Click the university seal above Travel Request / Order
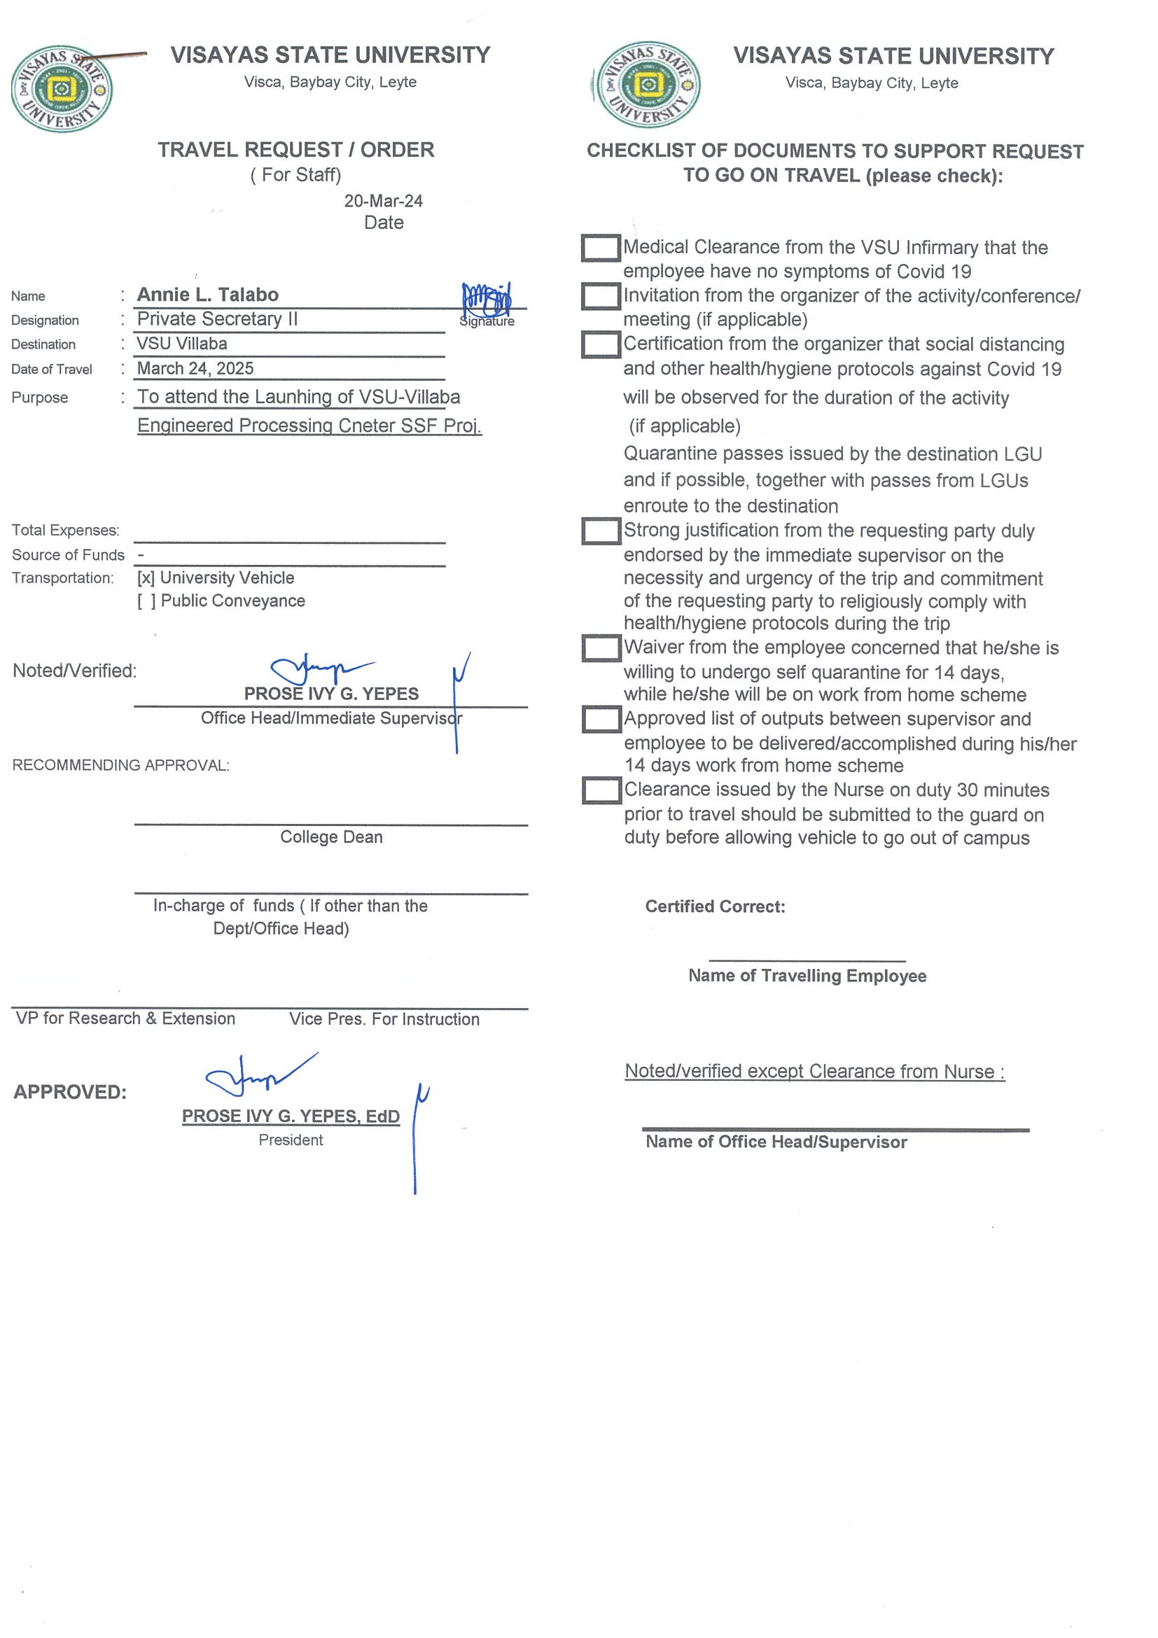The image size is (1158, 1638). [x=62, y=89]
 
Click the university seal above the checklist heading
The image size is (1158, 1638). [x=648, y=85]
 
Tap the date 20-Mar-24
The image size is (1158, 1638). [x=383, y=201]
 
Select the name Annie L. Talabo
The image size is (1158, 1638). [x=208, y=295]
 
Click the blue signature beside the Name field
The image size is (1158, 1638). [x=487, y=300]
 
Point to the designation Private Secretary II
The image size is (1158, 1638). [x=217, y=319]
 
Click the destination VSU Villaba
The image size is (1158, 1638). [x=182, y=344]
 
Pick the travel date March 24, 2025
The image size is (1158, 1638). [x=195, y=368]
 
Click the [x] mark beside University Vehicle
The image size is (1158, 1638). [x=146, y=578]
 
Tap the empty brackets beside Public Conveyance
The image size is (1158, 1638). [x=146, y=601]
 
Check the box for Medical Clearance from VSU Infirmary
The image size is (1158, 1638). [x=600, y=248]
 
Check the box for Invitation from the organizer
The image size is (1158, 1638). [x=600, y=296]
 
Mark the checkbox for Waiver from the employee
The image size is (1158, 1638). [x=601, y=647]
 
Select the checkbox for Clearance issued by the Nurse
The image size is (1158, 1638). [x=601, y=790]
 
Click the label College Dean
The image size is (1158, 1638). [x=331, y=836]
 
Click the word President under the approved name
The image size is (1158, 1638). [x=291, y=1140]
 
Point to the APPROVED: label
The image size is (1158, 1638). [x=70, y=1092]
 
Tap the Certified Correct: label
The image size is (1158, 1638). [x=715, y=906]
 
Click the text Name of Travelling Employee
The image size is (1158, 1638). [x=807, y=976]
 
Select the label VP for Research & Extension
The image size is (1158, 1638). [x=125, y=1018]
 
